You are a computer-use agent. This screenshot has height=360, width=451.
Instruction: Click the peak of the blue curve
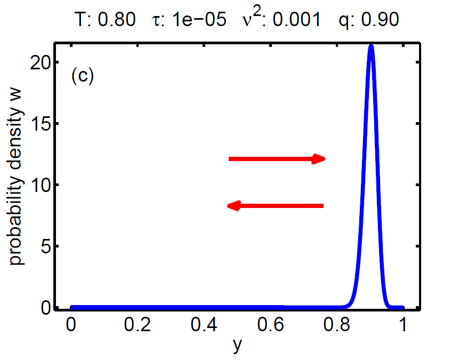pos(371,46)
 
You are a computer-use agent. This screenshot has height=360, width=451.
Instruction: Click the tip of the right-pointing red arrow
pos(325,158)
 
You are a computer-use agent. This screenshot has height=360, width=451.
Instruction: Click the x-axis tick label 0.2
pos(137,326)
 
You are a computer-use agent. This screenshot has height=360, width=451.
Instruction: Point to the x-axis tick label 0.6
pos(270,326)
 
